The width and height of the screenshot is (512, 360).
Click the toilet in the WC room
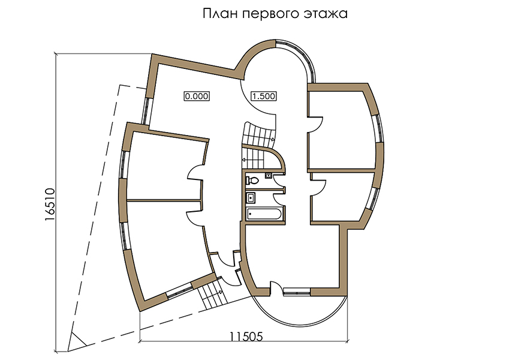click(252, 180)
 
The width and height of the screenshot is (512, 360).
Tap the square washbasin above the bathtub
click(251, 197)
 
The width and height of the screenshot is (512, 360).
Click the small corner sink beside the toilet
click(268, 175)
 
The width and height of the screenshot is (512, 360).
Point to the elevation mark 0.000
click(197, 97)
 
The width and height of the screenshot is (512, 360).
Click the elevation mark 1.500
click(264, 97)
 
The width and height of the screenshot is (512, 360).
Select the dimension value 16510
click(50, 205)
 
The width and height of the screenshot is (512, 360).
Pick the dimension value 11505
click(246, 337)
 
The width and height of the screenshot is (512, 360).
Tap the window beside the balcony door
click(297, 292)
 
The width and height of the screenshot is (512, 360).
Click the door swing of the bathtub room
click(279, 199)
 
